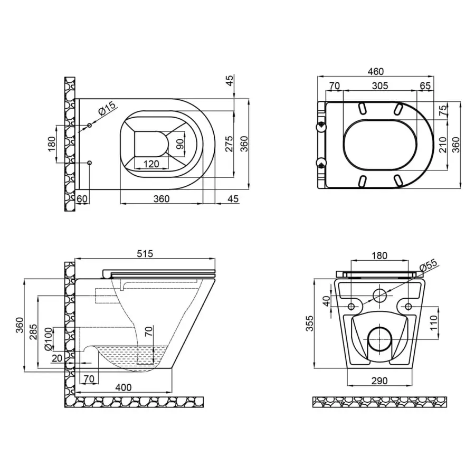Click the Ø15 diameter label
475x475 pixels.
click(x=107, y=110)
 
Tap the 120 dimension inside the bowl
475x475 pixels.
click(x=151, y=164)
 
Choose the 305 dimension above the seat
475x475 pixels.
click(x=379, y=85)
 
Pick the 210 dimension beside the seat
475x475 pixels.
click(x=442, y=144)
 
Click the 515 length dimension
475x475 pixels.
click(x=145, y=254)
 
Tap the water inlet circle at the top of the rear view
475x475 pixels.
click(x=379, y=296)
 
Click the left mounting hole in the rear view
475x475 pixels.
click(x=351, y=306)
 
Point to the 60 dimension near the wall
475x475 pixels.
click(x=82, y=198)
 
